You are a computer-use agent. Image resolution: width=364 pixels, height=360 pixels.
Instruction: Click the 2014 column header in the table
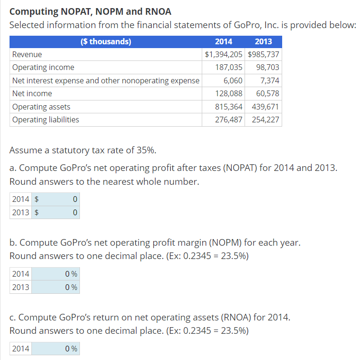click(224, 41)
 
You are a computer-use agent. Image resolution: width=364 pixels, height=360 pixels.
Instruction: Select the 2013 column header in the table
click(263, 41)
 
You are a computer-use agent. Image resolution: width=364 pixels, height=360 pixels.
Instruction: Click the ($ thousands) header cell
click(106, 41)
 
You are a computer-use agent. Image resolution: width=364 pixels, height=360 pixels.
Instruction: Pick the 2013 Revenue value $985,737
click(264, 54)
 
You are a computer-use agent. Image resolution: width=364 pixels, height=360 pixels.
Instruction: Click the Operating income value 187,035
click(229, 68)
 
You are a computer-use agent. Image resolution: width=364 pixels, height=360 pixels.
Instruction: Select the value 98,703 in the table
click(267, 68)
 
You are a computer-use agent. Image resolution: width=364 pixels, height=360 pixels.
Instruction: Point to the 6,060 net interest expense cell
click(233, 80)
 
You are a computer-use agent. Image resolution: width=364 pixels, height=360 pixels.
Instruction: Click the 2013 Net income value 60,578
click(267, 93)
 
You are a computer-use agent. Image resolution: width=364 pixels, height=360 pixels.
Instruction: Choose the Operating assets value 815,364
click(229, 107)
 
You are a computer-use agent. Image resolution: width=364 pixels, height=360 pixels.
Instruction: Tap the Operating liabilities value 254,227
click(266, 120)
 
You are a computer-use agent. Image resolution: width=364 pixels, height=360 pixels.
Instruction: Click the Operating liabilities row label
click(46, 120)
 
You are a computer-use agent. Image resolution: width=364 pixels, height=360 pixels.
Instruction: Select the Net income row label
click(32, 93)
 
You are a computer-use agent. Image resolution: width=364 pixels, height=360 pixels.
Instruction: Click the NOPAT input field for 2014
click(60, 199)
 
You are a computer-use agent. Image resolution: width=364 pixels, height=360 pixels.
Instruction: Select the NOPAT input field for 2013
click(60, 212)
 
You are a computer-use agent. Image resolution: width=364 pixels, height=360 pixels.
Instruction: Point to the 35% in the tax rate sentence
click(146, 151)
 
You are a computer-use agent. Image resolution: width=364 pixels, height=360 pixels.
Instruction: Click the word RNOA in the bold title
click(159, 10)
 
